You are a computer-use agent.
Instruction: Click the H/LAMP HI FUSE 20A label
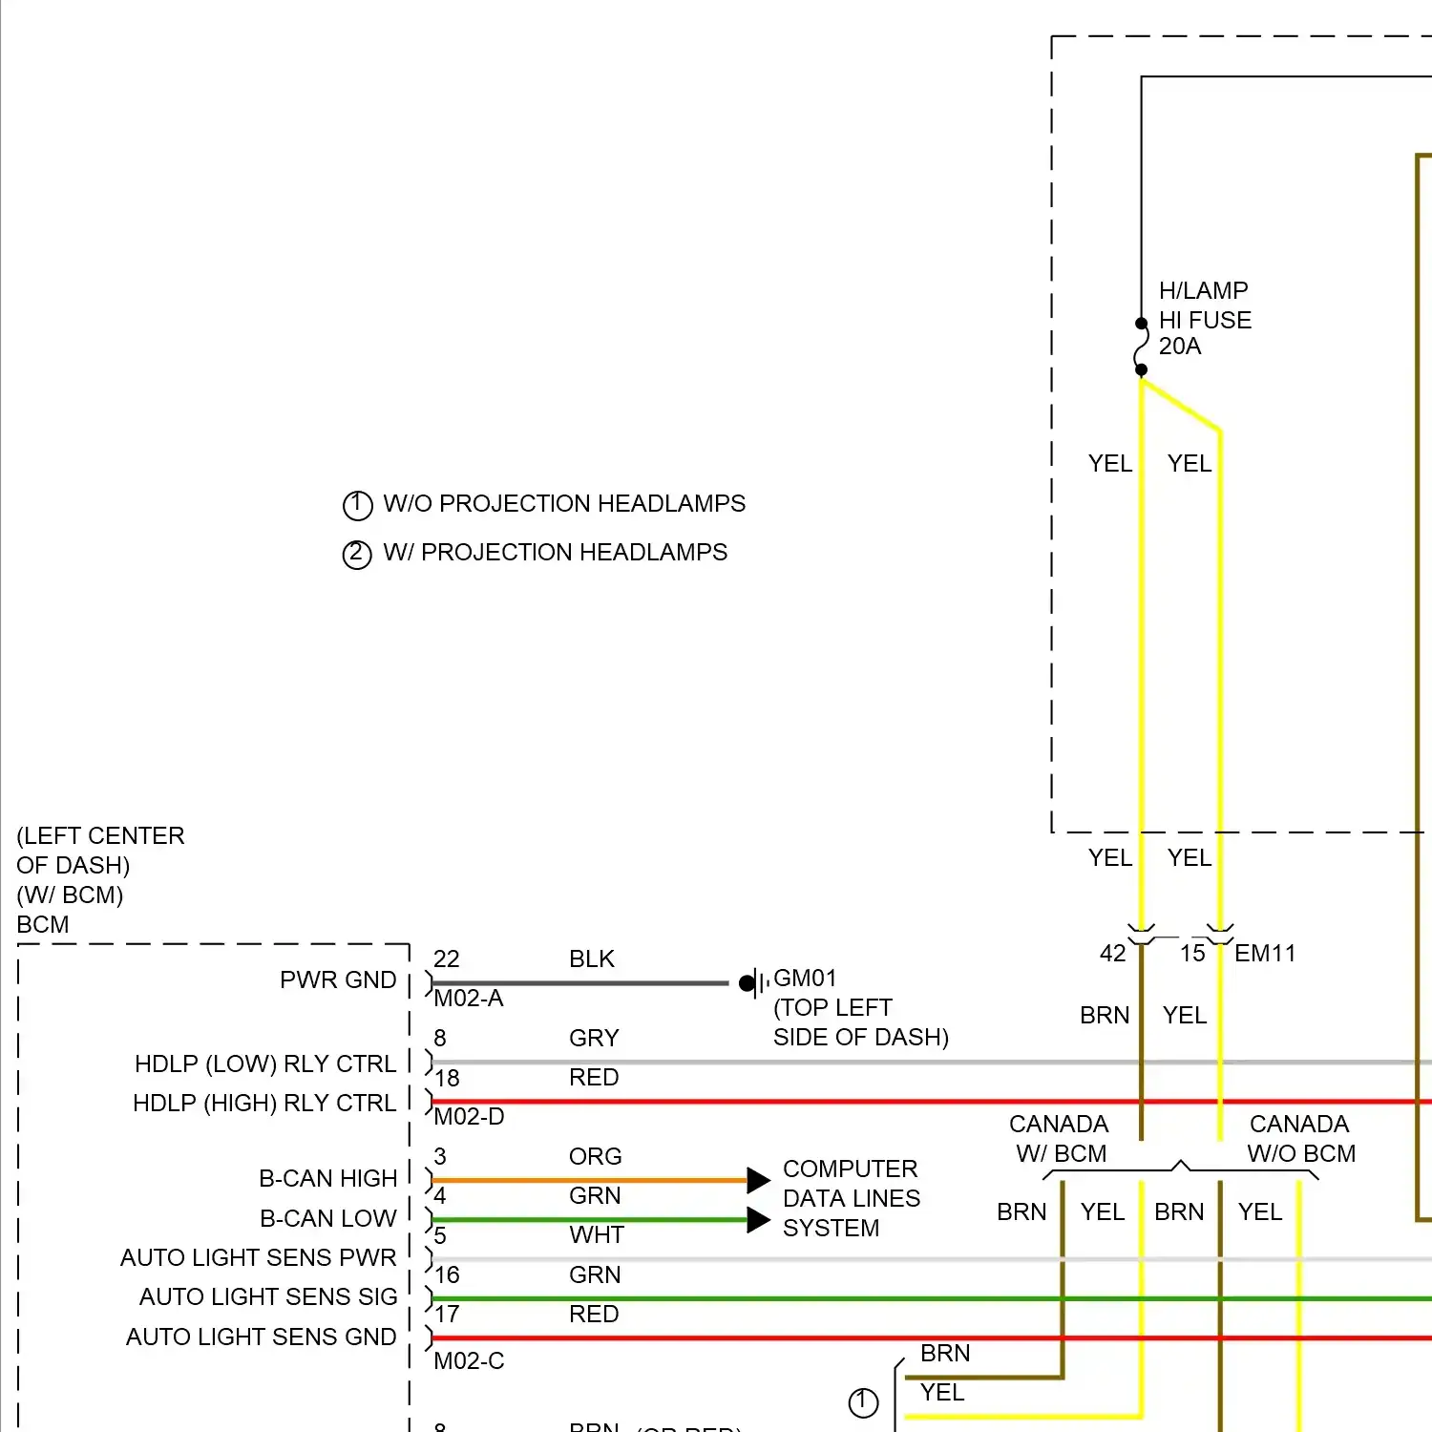click(x=1205, y=319)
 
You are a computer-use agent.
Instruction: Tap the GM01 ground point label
click(x=805, y=979)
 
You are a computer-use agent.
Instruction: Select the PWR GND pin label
click(x=338, y=980)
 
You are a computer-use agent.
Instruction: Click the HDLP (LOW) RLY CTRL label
click(x=265, y=1064)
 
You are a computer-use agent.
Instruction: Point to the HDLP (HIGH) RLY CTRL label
click(x=264, y=1104)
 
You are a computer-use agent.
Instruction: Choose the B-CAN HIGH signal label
click(x=327, y=1179)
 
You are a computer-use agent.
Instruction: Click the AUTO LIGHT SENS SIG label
click(x=268, y=1297)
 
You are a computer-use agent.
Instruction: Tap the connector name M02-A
click(x=469, y=999)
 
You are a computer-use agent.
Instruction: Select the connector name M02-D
click(x=469, y=1117)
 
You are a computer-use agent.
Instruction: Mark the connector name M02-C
click(x=469, y=1361)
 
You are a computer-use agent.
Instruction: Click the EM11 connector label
click(x=1265, y=954)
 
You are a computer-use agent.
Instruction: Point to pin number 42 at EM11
click(x=1113, y=954)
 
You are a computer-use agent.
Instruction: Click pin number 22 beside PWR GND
click(x=447, y=959)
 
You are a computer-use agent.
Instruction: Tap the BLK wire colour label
click(x=592, y=959)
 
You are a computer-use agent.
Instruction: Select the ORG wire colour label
click(x=595, y=1157)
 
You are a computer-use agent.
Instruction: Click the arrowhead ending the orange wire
click(x=758, y=1180)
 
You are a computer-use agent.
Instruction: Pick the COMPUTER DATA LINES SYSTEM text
click(x=852, y=1198)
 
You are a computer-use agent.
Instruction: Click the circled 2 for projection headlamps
click(x=357, y=554)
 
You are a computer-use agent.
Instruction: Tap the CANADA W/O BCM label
click(x=1300, y=1139)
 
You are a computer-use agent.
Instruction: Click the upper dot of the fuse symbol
click(x=1141, y=324)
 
